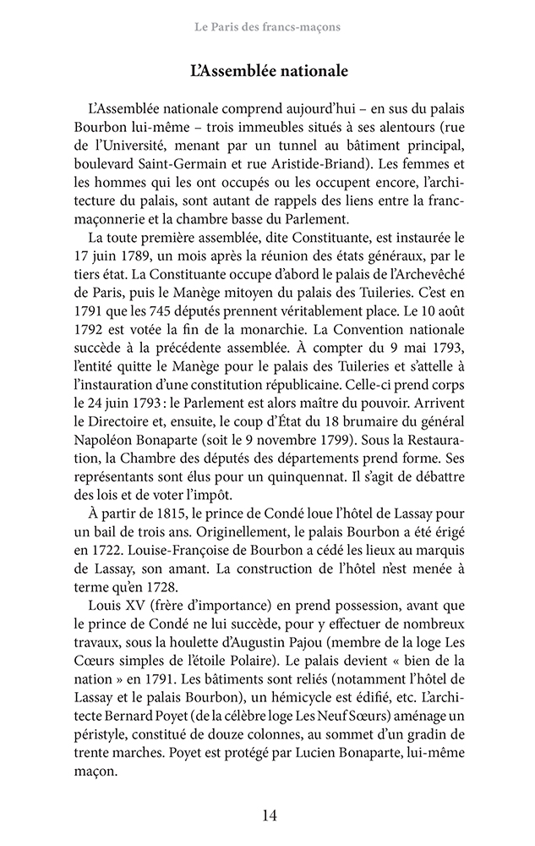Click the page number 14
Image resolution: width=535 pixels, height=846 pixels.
pyautogui.click(x=268, y=816)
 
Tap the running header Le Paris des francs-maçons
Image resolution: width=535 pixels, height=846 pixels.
pyautogui.click(x=267, y=27)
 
